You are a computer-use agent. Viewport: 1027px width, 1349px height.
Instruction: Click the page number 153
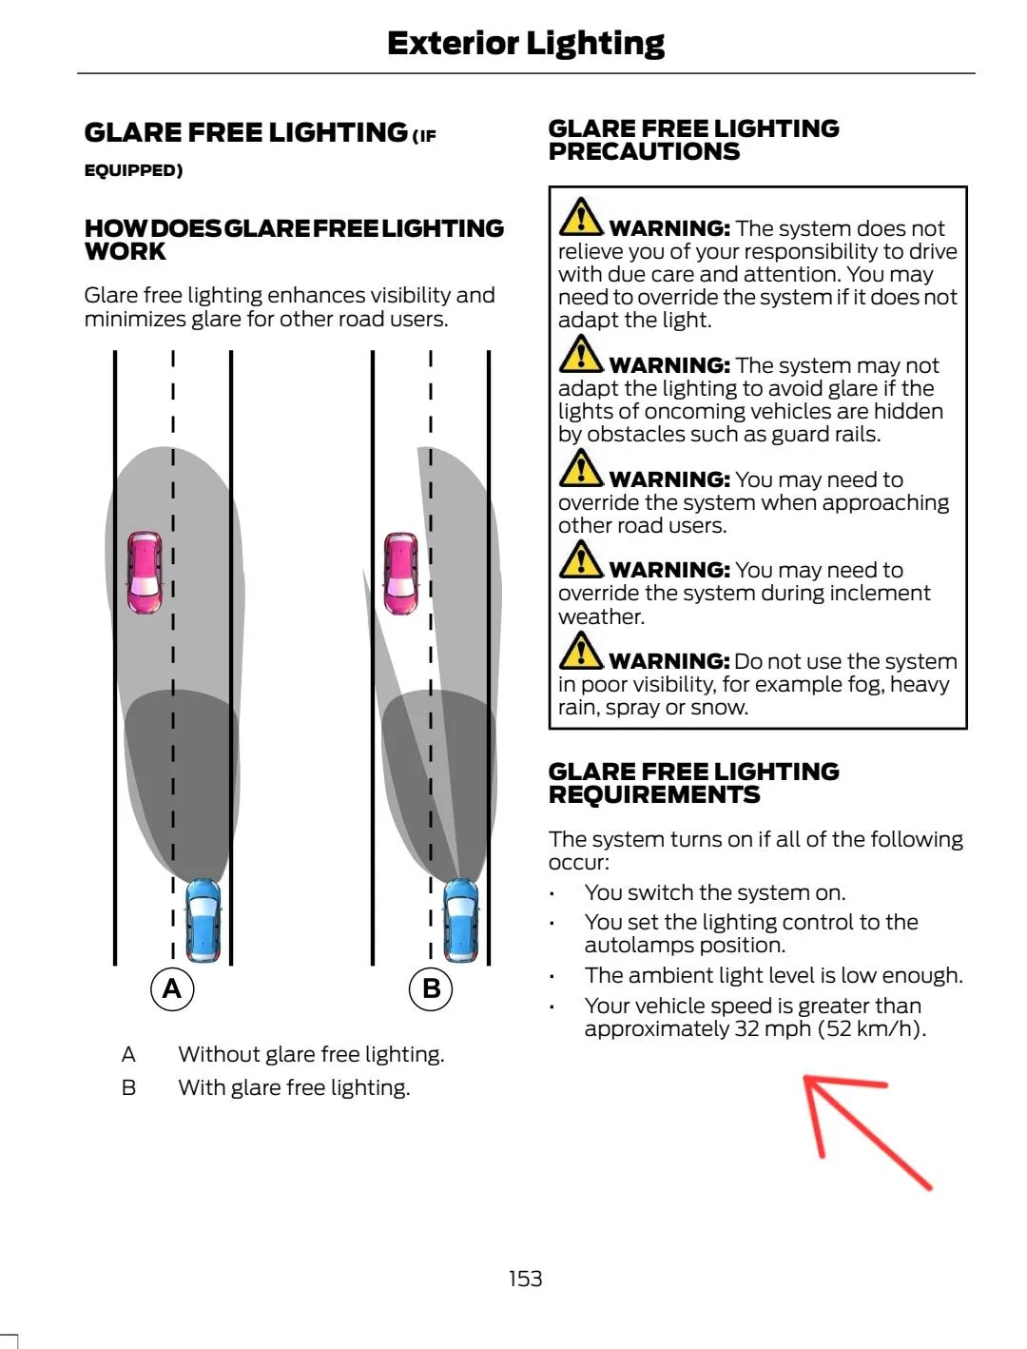[x=525, y=1279]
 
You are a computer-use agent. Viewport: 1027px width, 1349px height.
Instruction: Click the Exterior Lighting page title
[x=526, y=44]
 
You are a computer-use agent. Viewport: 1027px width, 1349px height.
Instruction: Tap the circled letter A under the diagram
[x=172, y=988]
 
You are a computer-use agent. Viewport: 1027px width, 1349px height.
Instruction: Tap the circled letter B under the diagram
[x=431, y=988]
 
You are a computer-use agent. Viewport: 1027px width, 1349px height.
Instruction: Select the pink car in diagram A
[x=145, y=572]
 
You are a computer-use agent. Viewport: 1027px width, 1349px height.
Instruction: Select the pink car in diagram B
[x=401, y=573]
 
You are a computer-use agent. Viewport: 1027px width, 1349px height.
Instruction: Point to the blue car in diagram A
[x=203, y=919]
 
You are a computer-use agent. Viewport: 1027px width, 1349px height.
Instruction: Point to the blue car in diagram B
[x=461, y=919]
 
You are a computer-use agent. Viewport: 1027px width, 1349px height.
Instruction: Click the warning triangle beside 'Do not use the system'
[x=580, y=651]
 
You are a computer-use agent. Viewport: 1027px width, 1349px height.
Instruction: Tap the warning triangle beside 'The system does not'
[x=580, y=217]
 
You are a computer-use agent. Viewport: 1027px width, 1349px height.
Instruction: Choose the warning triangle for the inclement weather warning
[x=580, y=560]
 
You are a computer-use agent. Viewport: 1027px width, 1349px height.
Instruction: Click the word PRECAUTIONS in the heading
[x=645, y=152]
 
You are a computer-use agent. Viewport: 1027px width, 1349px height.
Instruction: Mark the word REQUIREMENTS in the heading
[x=654, y=794]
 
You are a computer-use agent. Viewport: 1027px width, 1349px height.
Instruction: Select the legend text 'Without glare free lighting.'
[x=311, y=1055]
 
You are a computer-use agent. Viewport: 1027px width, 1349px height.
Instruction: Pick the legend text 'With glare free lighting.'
[x=294, y=1087]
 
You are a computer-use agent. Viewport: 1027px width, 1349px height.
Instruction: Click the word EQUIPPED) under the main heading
[x=133, y=170]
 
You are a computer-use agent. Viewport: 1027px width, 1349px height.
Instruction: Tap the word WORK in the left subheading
[x=126, y=251]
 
